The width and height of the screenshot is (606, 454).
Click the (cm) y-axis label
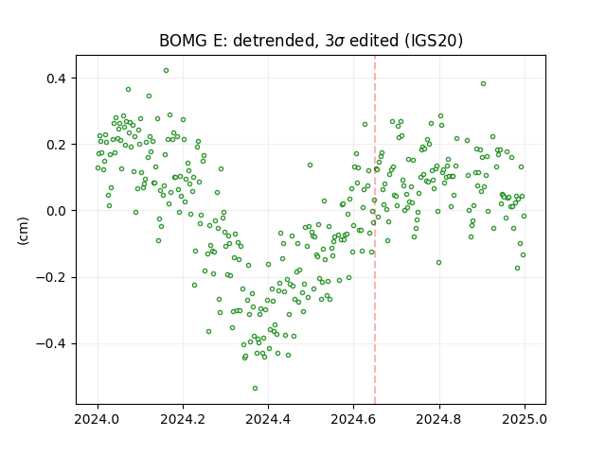(x=23, y=231)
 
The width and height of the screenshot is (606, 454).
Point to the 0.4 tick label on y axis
(x=57, y=79)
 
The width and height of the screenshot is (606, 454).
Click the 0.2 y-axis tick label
(x=57, y=145)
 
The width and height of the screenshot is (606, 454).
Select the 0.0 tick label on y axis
(x=57, y=211)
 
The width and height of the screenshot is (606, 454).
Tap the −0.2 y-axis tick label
(x=52, y=277)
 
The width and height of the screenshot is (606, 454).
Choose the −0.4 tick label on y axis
(x=52, y=344)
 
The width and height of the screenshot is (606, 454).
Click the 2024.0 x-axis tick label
(x=98, y=419)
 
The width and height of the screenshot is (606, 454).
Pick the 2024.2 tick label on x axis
(x=183, y=419)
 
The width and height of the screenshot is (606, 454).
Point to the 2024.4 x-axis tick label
(x=268, y=419)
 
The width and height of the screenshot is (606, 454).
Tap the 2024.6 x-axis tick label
(x=353, y=419)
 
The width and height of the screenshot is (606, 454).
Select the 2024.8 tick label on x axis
(x=439, y=419)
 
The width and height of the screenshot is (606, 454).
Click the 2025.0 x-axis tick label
(x=525, y=419)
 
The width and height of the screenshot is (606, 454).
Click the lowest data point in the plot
(x=255, y=388)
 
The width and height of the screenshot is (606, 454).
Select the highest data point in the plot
(x=167, y=70)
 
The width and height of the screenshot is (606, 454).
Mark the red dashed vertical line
(x=375, y=230)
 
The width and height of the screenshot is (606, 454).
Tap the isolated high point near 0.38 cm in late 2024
(x=483, y=84)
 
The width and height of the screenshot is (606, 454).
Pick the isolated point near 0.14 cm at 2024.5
(x=310, y=165)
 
